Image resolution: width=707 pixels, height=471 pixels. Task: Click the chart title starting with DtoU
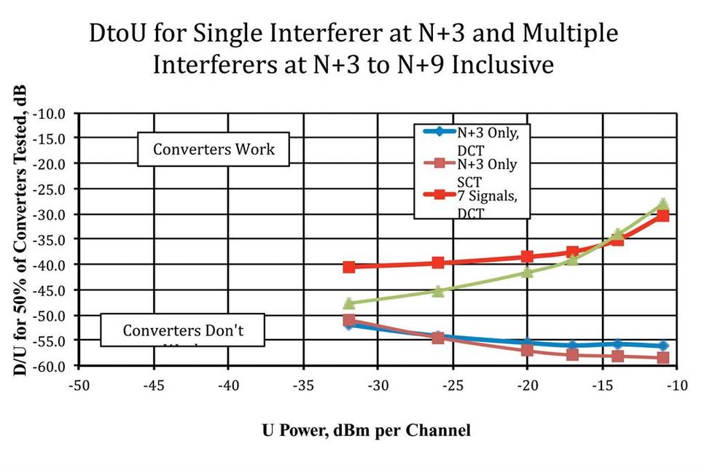click(353, 49)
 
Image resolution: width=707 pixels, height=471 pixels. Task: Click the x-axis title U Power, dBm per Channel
click(366, 430)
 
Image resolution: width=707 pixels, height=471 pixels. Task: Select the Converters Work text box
click(214, 149)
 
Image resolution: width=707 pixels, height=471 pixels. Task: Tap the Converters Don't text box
click(182, 330)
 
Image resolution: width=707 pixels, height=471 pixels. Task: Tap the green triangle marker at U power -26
click(438, 291)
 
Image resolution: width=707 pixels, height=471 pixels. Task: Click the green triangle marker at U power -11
click(663, 204)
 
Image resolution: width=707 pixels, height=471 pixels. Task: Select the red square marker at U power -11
click(663, 216)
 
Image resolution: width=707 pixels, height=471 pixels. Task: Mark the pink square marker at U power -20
click(527, 350)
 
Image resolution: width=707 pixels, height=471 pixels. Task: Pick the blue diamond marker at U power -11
click(663, 346)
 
